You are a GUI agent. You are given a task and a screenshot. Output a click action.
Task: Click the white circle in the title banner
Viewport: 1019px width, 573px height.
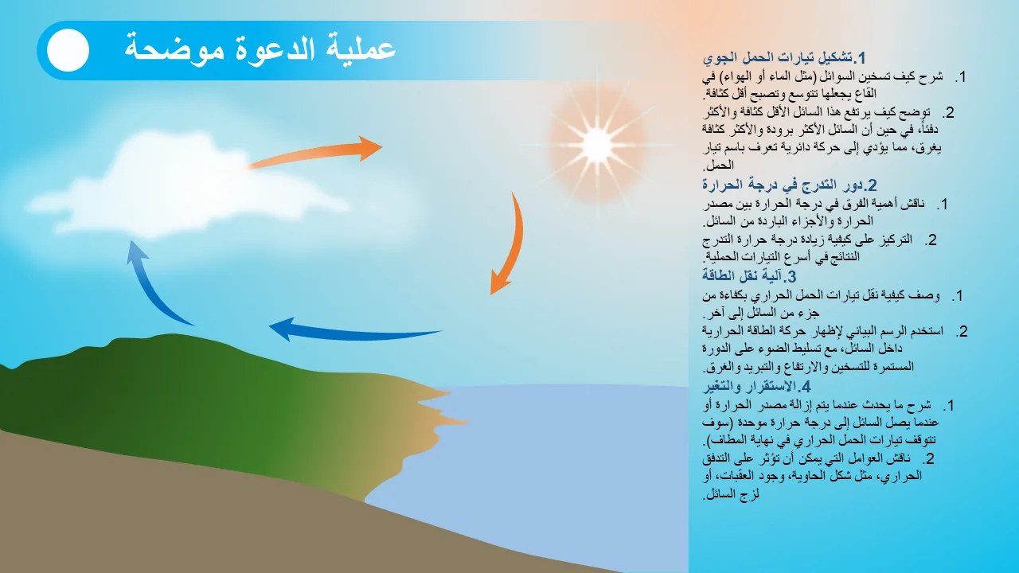(x=68, y=50)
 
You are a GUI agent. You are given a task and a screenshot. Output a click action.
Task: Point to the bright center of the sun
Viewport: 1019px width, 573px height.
(x=597, y=145)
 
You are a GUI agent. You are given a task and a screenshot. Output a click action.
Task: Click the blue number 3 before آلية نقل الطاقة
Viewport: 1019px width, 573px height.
(x=791, y=276)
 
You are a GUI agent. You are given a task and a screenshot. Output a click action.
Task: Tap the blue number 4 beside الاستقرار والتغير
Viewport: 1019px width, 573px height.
(x=806, y=387)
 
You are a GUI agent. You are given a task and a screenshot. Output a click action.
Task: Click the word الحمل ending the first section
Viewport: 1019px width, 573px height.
(x=720, y=165)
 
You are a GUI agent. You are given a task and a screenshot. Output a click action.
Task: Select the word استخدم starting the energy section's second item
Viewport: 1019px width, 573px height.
(x=921, y=330)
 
